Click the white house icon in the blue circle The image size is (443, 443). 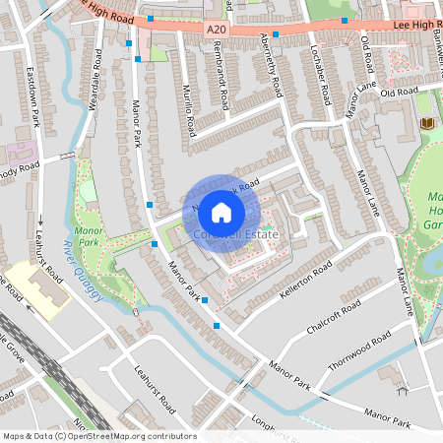pos(221,212)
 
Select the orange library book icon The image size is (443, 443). pos(426,123)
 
